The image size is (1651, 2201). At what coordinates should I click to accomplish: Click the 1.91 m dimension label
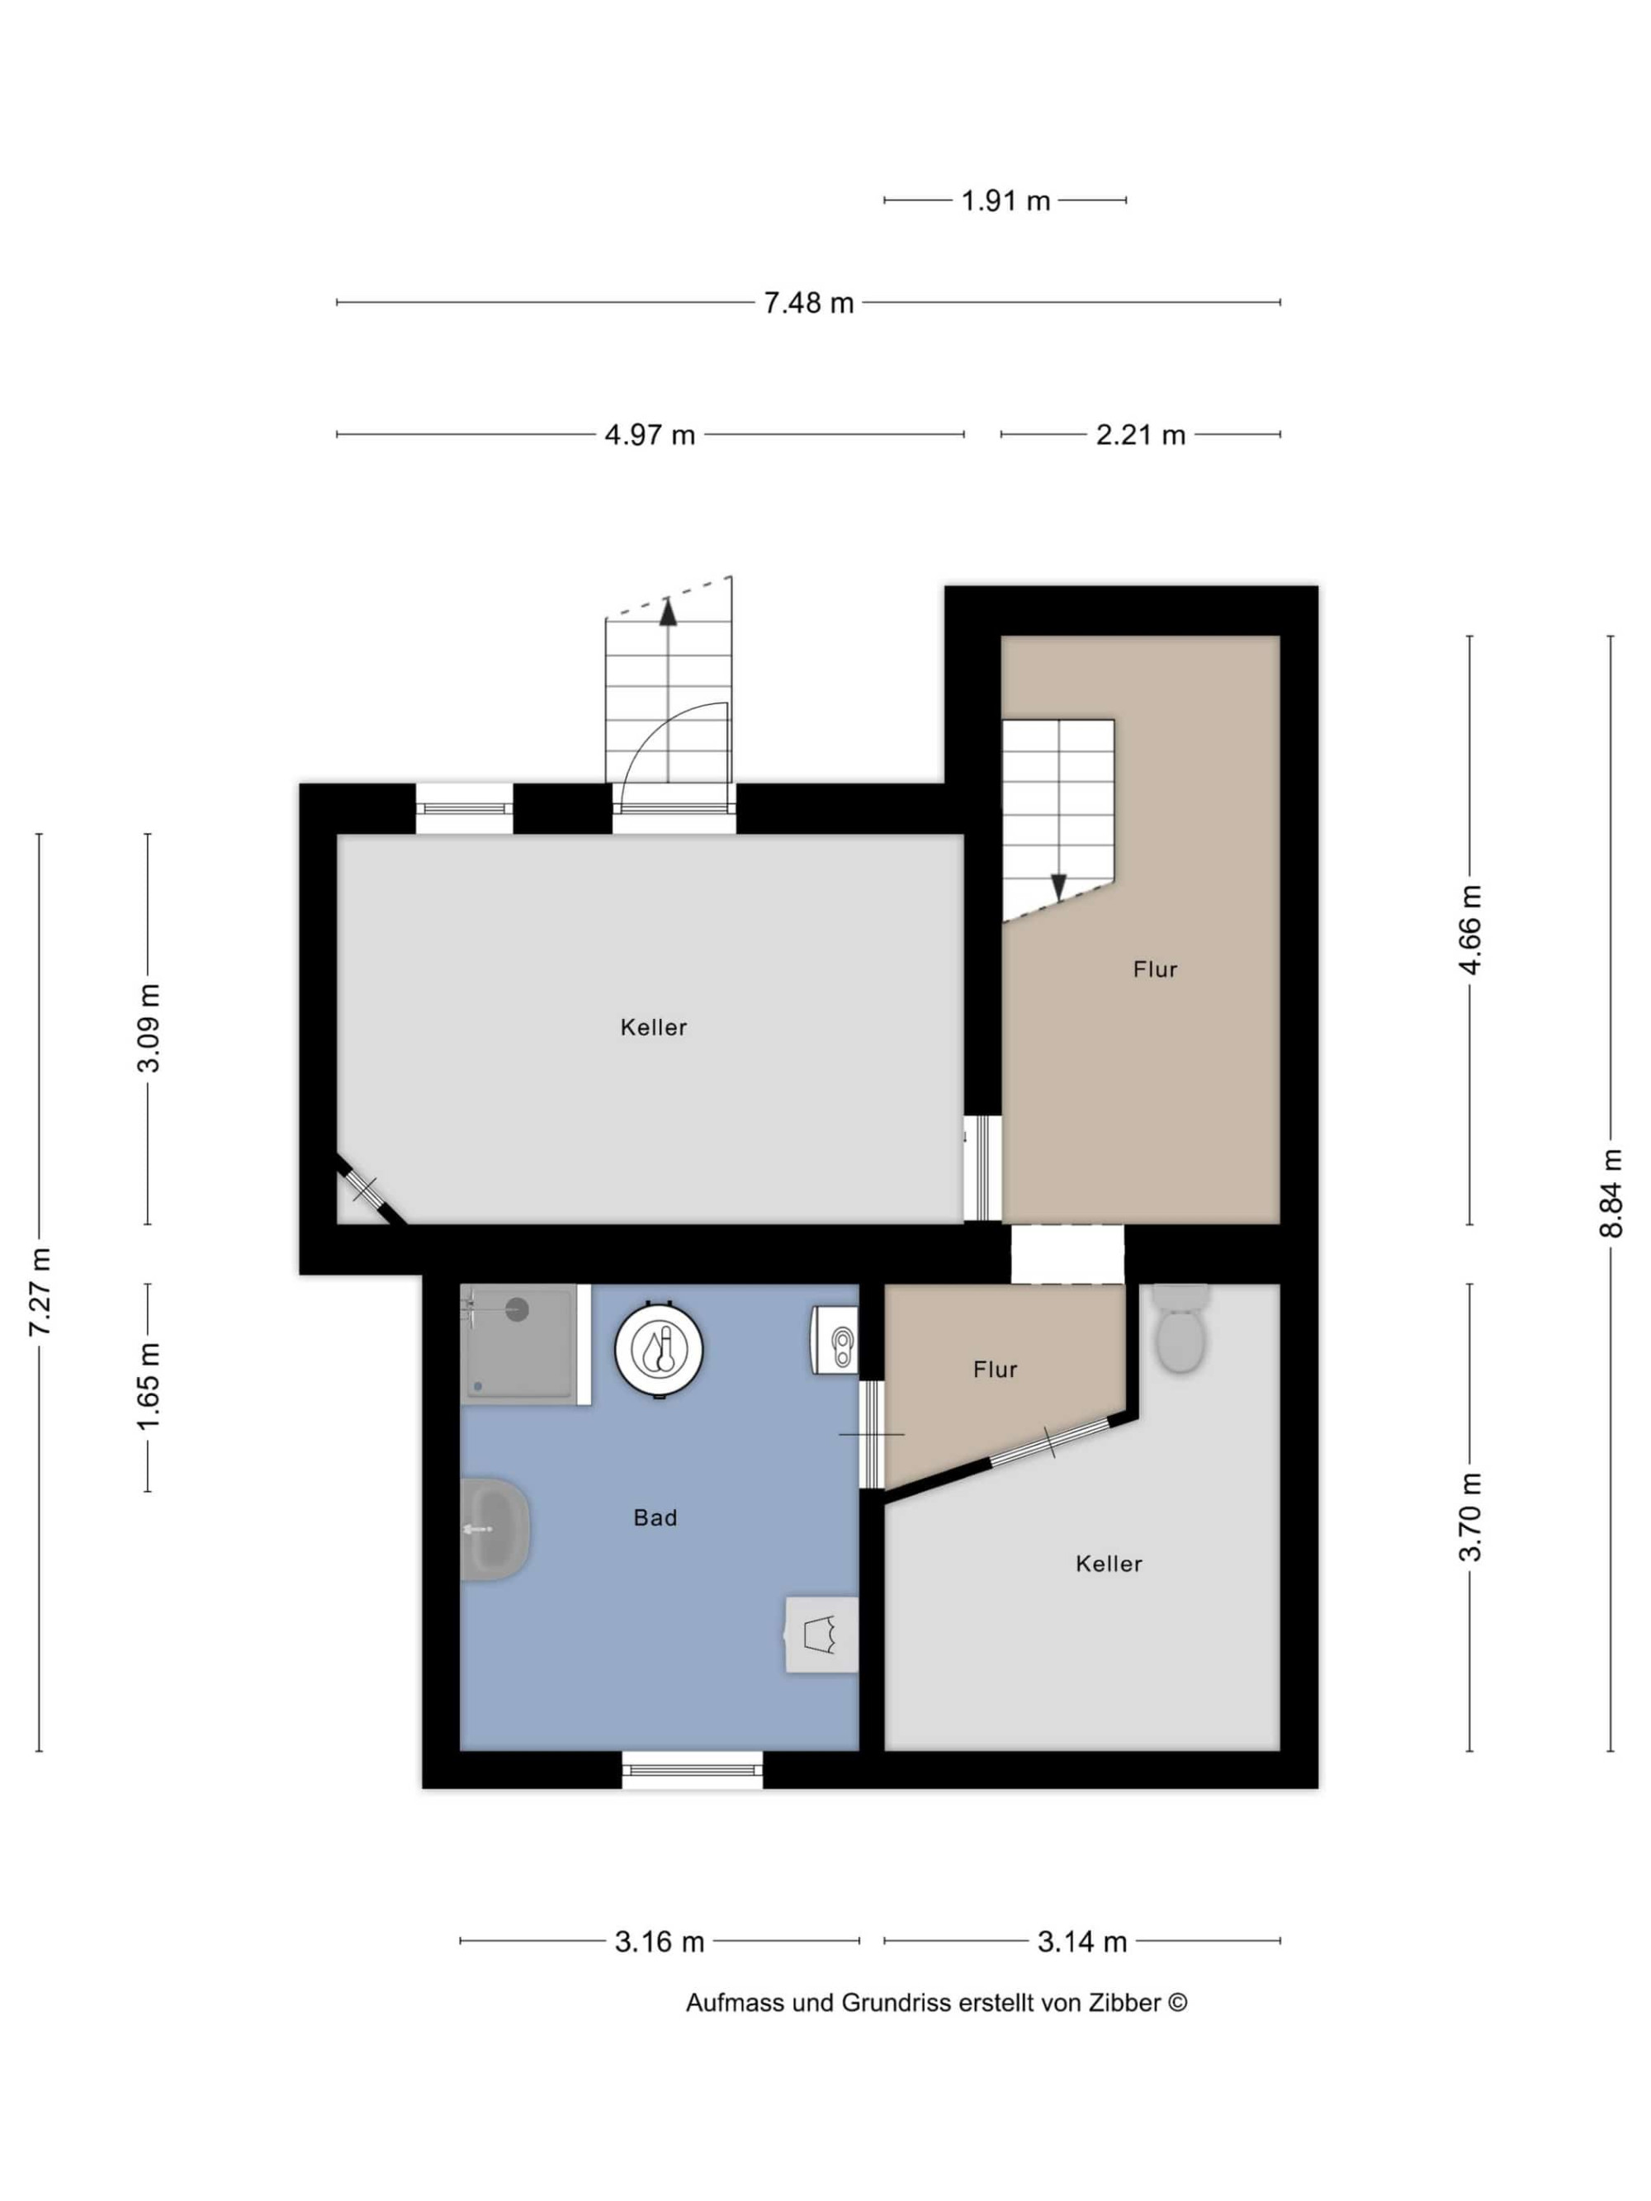point(1005,201)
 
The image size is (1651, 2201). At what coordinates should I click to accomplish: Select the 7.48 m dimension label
point(808,302)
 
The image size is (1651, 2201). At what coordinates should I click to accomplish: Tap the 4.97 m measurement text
point(650,435)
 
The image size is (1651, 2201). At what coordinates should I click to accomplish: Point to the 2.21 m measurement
point(1141,435)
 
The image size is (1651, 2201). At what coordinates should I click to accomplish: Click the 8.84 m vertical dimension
point(1611,1193)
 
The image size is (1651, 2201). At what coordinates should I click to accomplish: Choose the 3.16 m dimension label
point(659,1940)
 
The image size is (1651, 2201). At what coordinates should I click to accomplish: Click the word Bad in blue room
point(655,1517)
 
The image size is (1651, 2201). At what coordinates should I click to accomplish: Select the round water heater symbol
point(659,1349)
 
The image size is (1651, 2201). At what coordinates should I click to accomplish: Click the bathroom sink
point(494,1528)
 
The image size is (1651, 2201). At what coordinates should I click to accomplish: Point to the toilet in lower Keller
point(1181,1328)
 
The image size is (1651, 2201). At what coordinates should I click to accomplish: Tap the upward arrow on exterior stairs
point(668,612)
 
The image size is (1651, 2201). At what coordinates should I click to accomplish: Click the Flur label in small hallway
point(996,1369)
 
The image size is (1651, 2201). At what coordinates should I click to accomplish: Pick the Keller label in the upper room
point(653,1027)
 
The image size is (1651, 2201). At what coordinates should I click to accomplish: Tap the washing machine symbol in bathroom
point(822,1634)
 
